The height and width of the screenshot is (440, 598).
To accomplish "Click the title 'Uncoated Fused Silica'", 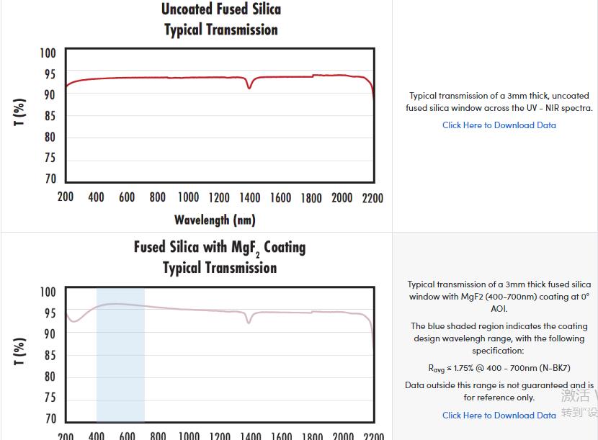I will coord(220,9).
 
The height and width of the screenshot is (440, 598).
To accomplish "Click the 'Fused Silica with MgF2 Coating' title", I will coord(220,248).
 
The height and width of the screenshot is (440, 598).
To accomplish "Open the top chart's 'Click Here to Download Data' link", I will coord(499,125).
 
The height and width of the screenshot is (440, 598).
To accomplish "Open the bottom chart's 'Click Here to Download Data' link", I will coord(499,416).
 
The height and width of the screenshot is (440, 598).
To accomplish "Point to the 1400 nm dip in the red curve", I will coord(249,87).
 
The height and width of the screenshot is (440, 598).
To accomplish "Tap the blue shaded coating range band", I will coord(120,360).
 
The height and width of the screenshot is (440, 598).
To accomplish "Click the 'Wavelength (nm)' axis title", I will coord(215,220).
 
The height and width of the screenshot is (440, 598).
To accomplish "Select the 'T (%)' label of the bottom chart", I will coord(19,351).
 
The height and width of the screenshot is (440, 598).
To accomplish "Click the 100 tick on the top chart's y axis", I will coord(48,53).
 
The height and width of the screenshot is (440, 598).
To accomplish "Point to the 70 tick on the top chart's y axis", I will coord(49,179).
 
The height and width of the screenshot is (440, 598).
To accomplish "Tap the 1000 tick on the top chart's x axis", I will coord(188,198).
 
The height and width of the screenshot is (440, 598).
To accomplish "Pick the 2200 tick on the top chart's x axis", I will coord(372,198).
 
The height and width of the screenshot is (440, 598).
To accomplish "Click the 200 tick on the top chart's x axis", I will coord(66,198).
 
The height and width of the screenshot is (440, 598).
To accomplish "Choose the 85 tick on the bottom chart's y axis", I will coord(49,356).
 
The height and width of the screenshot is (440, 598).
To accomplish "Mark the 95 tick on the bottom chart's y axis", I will coord(49,313).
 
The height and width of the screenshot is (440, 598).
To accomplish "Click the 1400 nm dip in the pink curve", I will coord(249,322).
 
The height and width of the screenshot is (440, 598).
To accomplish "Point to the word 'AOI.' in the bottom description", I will coord(499,309).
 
